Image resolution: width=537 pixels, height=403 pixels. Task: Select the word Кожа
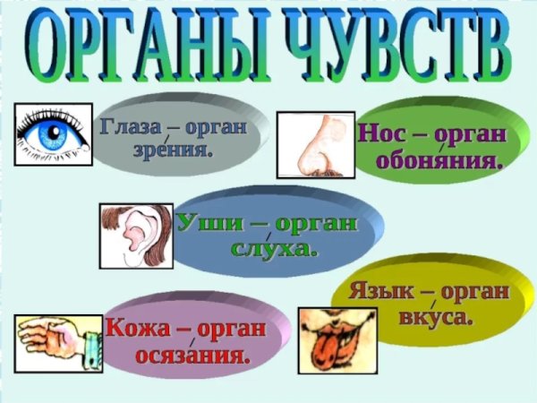[140, 327]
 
